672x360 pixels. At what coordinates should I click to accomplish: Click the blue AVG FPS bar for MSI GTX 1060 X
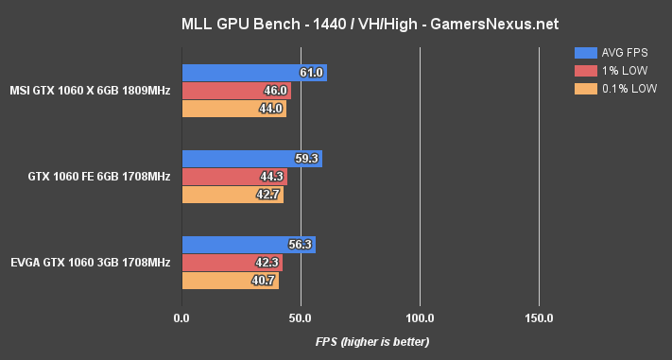(x=253, y=73)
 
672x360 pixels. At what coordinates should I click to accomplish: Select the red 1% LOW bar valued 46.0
(x=235, y=91)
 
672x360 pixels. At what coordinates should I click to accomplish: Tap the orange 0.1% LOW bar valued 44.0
(x=233, y=109)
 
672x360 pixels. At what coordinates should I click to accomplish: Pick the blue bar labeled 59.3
(x=251, y=159)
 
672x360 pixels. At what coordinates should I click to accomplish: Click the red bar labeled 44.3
(x=233, y=177)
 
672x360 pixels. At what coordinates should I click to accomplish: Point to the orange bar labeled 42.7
(x=232, y=195)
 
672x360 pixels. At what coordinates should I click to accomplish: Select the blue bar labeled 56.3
(x=248, y=245)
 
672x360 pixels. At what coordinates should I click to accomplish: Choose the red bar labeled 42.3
(x=232, y=263)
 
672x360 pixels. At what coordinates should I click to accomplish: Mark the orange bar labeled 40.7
(x=230, y=281)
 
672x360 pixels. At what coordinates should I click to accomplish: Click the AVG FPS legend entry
(x=614, y=53)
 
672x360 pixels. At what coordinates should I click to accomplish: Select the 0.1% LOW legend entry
(x=614, y=89)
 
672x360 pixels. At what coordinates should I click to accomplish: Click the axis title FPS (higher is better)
(x=372, y=341)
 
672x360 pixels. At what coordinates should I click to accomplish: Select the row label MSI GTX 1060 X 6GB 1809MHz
(x=91, y=91)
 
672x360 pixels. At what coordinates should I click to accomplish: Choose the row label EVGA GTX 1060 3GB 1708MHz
(x=91, y=262)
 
